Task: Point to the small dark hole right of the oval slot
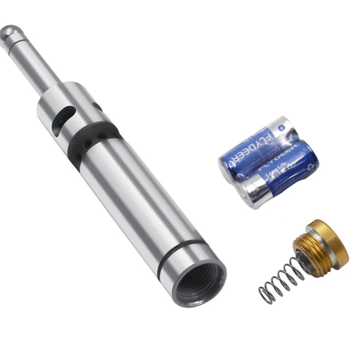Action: (97, 107)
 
